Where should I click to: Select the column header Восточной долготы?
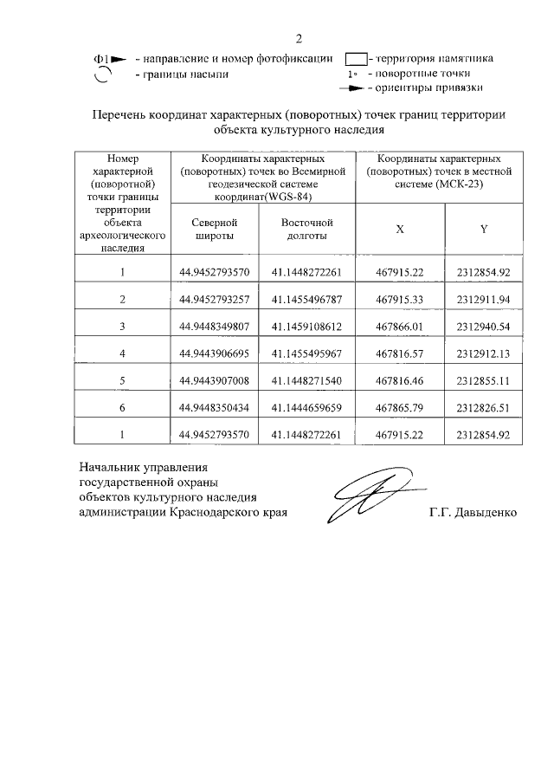[306, 229]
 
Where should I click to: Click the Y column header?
[483, 229]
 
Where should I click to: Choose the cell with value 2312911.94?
[483, 300]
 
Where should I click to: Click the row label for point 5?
[123, 380]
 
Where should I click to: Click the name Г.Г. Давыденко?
[473, 512]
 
